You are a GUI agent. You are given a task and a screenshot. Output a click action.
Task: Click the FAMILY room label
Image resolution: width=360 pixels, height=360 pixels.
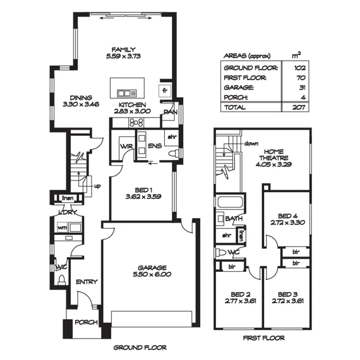coord(123,49)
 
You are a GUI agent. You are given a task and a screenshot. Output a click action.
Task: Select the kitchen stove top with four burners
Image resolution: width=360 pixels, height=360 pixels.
coord(136,123)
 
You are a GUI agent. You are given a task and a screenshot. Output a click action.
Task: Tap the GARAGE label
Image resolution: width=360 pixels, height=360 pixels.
coord(152,268)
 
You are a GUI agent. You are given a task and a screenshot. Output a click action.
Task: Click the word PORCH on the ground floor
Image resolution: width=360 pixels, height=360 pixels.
coord(85,323)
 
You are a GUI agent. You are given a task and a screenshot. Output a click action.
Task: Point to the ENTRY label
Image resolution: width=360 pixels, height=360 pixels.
coord(87,282)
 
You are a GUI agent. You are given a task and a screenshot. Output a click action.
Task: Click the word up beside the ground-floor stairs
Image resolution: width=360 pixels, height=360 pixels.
coord(97,186)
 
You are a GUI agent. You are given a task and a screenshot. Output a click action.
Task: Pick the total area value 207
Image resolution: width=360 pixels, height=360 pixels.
coord(298,107)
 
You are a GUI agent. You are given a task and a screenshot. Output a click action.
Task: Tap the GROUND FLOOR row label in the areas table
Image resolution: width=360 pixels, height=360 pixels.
coord(245,68)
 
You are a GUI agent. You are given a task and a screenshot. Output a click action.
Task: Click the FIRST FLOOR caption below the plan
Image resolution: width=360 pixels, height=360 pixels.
coord(263,338)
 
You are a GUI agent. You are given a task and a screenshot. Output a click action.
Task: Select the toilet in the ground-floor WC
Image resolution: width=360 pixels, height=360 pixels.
coord(61,279)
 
